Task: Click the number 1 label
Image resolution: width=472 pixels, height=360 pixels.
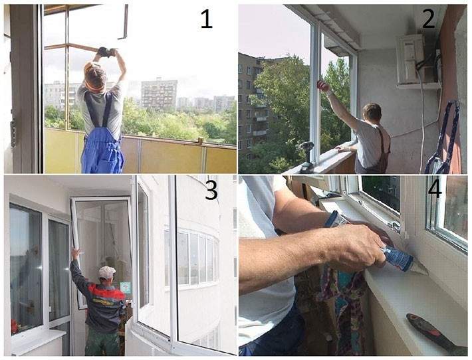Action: (207, 19)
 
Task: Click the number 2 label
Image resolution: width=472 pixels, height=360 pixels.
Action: (429, 19)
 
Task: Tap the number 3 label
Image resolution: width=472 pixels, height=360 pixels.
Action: (211, 190)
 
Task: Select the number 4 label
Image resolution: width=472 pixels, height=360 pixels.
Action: (435, 188)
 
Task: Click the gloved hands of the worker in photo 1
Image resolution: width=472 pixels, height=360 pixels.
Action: (106, 52)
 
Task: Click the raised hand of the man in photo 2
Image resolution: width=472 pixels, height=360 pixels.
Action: (322, 86)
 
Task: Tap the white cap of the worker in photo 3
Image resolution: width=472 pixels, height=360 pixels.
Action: (107, 272)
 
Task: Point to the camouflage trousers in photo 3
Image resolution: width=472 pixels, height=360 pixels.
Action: (102, 341)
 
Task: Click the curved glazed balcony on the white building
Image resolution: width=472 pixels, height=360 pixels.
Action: (191, 258)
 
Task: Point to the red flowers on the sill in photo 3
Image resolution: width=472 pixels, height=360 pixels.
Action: (15, 327)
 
